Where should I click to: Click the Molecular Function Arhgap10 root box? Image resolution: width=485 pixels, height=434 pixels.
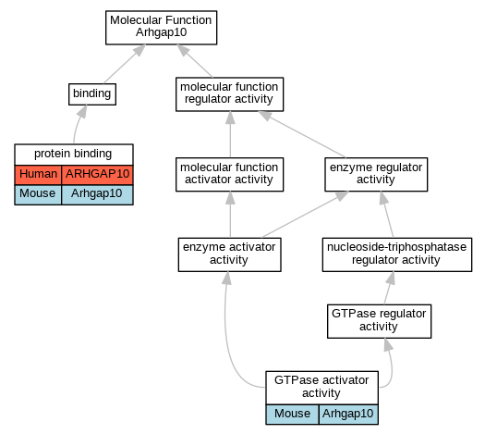(161, 28)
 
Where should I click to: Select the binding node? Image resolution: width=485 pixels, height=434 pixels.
(92, 94)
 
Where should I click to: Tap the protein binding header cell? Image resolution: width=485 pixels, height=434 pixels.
(74, 154)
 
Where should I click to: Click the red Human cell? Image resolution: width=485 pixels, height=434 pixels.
(38, 175)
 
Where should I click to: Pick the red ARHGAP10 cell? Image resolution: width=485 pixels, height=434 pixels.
(97, 175)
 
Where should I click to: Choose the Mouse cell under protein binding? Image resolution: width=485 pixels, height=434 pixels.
(38, 194)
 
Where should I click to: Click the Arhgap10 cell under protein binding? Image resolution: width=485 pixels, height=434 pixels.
(97, 194)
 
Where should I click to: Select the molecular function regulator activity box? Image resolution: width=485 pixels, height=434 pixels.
(229, 94)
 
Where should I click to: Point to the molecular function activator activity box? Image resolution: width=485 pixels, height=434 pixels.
(229, 174)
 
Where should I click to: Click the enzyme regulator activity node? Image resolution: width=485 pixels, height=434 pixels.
(376, 174)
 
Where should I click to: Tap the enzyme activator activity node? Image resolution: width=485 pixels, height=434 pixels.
(229, 254)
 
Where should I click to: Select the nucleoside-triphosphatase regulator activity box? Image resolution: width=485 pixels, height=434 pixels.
(397, 254)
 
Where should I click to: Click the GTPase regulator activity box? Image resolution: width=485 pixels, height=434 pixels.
(379, 321)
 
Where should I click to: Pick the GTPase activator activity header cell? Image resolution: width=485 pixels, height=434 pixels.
(321, 388)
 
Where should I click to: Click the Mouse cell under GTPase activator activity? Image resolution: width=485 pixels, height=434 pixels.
(292, 415)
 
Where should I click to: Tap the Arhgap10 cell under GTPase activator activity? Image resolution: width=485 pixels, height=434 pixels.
(348, 415)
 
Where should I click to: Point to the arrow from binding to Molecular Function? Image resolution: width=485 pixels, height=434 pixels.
(125, 64)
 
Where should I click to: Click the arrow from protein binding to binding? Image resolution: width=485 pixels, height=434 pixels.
(79, 124)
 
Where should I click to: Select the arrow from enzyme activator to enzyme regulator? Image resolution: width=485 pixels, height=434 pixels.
(306, 215)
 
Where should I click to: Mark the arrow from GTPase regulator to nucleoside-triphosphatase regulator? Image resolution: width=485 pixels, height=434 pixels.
(390, 288)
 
